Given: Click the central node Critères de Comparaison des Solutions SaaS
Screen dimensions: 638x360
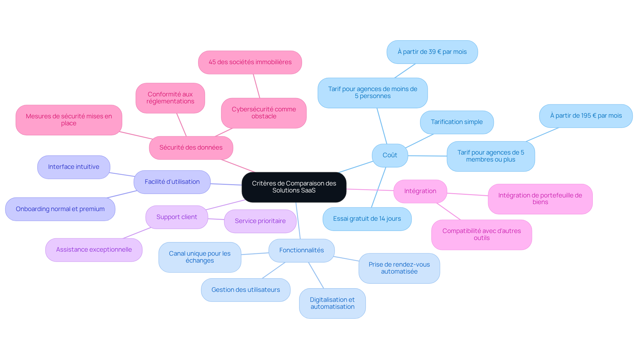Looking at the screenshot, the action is [294, 187].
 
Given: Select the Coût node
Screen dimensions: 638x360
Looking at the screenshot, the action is [390, 155].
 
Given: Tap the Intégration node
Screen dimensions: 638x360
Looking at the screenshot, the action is [420, 191].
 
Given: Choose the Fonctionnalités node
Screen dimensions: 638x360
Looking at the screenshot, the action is [301, 250].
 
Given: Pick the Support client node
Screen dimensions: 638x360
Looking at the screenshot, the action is [177, 217].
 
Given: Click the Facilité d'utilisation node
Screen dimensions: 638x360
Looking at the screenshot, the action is [172, 182].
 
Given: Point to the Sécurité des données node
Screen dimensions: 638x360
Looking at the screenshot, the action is [191, 148].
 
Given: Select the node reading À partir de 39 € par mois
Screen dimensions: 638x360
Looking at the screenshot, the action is [432, 52].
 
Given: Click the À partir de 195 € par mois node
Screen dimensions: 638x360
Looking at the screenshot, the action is [586, 116].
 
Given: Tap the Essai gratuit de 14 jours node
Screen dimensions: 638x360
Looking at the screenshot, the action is [367, 219].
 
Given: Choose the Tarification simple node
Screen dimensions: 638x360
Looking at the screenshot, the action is [457, 122].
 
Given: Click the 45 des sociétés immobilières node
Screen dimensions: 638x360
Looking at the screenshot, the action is [250, 62].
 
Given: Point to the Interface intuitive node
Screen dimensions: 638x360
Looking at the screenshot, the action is [74, 167].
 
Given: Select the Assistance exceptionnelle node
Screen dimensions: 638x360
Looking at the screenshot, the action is [94, 250].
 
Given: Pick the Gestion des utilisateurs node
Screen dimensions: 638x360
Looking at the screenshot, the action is [246, 290].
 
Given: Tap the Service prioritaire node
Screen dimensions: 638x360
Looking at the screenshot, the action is [260, 221].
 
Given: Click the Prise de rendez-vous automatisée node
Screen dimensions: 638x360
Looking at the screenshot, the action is [399, 268].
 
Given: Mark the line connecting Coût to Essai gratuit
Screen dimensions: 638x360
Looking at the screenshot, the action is [379, 187].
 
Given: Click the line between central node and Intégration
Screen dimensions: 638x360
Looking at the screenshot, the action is [370, 190].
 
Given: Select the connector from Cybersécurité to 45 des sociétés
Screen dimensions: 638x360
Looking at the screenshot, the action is [257, 86].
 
